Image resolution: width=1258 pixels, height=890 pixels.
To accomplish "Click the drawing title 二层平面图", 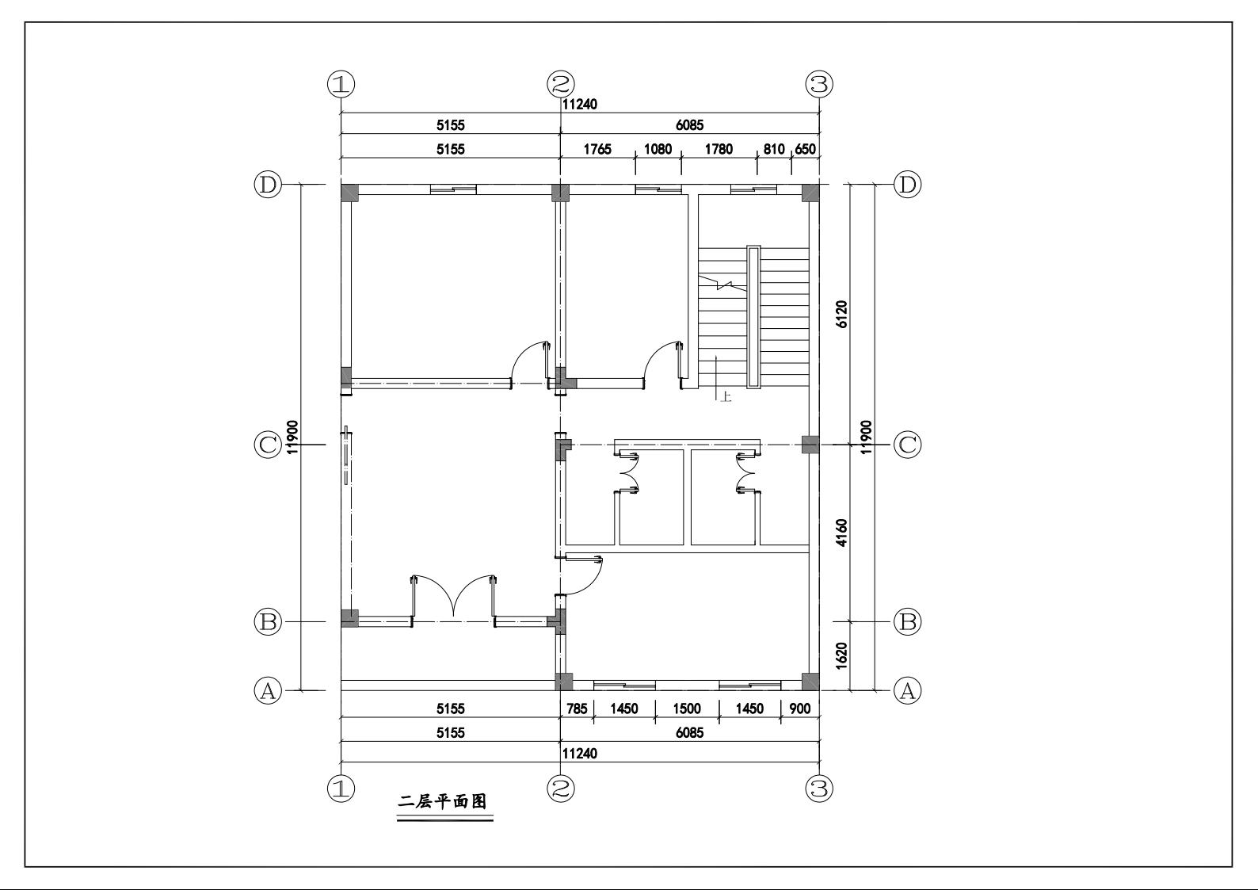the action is [x=442, y=802].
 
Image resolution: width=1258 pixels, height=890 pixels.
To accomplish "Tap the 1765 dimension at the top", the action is [x=597, y=149].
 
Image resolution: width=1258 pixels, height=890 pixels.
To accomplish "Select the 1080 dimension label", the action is [x=658, y=149].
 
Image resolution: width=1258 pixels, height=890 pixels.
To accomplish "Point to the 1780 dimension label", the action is [x=719, y=149].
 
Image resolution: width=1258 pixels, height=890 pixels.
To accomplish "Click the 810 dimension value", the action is [x=773, y=149].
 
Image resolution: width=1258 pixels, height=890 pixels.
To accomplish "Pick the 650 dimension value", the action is [x=805, y=149].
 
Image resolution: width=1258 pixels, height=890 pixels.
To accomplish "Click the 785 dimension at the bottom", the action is [x=577, y=709].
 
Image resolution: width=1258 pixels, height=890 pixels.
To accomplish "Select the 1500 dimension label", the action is [x=687, y=709].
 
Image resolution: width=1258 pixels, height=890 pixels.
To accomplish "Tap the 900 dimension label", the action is [x=800, y=709].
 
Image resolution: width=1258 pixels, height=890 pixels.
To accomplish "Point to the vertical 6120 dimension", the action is [x=841, y=314].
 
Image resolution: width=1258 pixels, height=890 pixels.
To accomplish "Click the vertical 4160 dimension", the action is [x=841, y=533].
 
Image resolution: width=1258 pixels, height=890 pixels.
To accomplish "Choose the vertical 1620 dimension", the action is [x=841, y=655].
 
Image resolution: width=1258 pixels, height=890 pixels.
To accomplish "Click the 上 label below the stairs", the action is [x=726, y=397].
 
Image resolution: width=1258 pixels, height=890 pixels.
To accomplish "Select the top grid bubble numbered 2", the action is [x=561, y=84].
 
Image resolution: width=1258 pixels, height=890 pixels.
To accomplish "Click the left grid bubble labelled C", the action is [x=268, y=445].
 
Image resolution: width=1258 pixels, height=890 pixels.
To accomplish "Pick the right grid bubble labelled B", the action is [x=908, y=622].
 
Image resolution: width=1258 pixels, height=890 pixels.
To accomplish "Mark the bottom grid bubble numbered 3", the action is [x=819, y=789].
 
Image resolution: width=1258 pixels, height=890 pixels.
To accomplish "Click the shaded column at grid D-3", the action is [x=810, y=193].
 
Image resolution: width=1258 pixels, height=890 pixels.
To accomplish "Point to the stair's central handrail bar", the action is [x=753, y=316].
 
